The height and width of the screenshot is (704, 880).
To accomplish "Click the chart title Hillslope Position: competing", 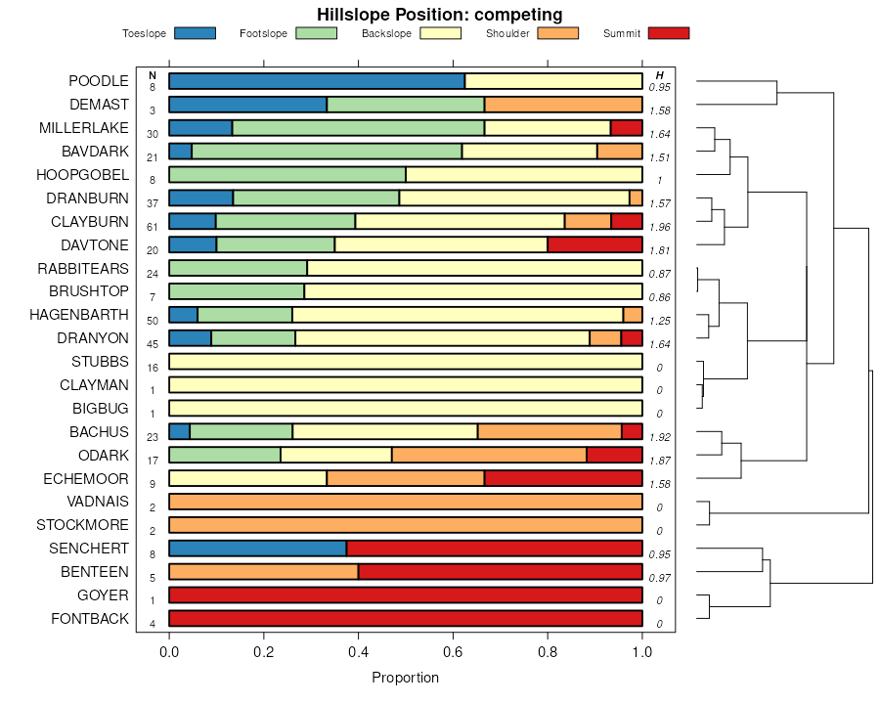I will click(439, 14).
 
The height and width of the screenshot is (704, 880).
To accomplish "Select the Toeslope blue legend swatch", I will click(195, 33).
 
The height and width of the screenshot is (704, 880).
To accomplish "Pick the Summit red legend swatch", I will click(669, 33).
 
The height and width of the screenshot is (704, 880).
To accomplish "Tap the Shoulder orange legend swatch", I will click(558, 33).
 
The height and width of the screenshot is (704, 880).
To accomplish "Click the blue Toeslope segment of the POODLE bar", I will click(317, 81).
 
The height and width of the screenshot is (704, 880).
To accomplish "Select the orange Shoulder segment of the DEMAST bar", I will click(563, 105).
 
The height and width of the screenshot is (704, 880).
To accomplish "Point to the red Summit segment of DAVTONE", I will click(594, 244).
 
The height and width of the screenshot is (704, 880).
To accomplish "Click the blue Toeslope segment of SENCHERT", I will click(258, 549).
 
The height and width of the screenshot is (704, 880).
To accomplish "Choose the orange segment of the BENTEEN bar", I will click(264, 572).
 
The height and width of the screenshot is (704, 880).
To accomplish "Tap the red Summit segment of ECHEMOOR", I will click(563, 478).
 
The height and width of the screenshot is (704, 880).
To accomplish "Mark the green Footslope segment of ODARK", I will click(225, 455).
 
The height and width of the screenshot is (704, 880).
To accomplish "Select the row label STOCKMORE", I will click(82, 525).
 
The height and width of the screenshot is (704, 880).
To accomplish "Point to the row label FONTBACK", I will click(89, 619).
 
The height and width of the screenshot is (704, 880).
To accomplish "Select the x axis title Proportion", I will click(405, 678).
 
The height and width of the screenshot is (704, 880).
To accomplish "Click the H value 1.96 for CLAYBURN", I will click(660, 227).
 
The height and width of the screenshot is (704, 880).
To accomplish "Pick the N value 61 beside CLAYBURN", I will click(153, 227).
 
